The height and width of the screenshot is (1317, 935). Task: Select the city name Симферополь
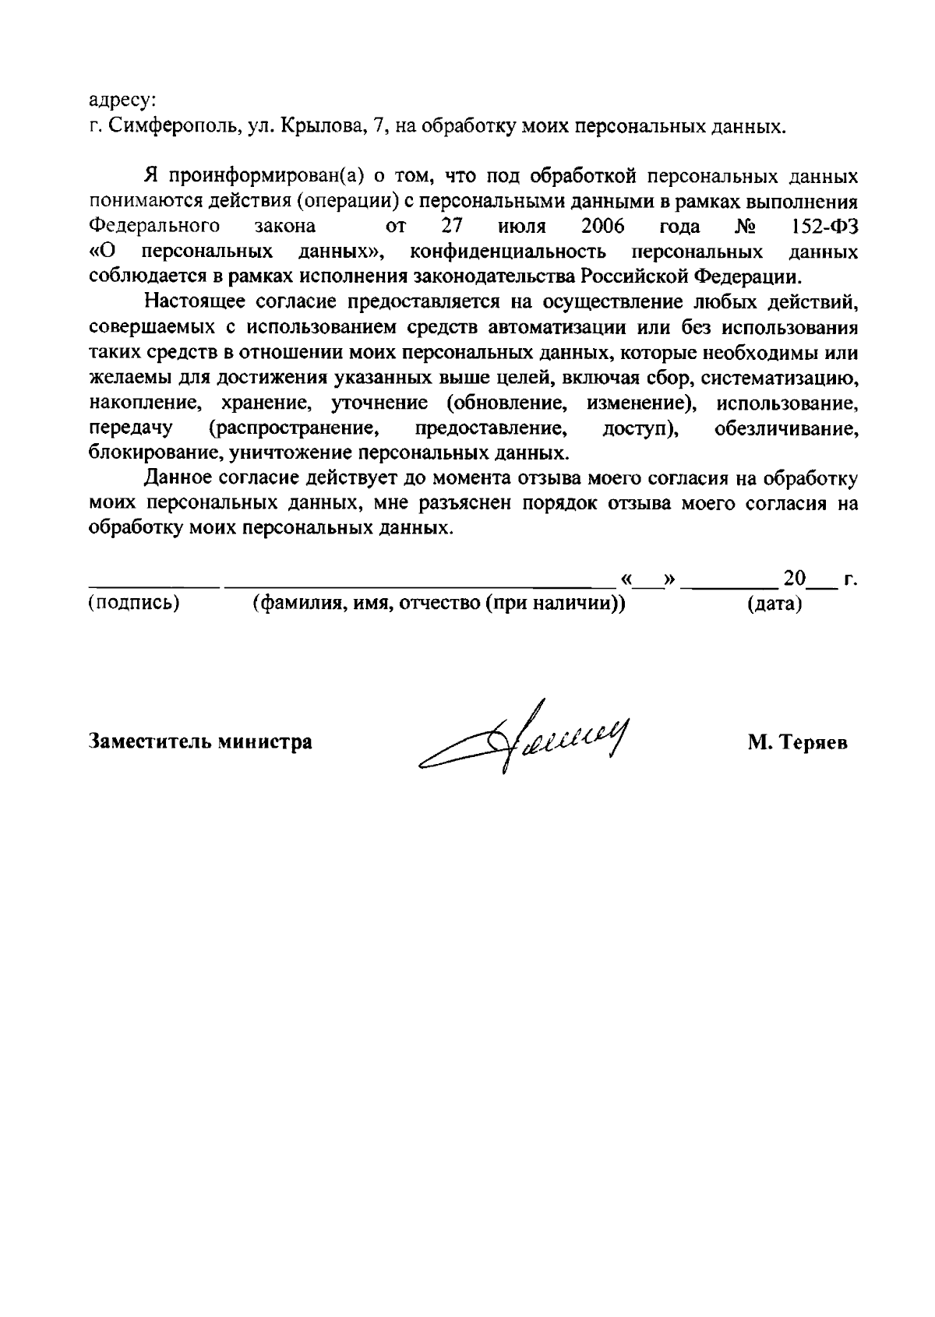pyautogui.click(x=172, y=126)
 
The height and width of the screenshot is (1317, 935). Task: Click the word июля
pyautogui.click(x=521, y=227)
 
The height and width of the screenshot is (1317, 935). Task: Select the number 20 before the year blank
pyautogui.click(x=795, y=579)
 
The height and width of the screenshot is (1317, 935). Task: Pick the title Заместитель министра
pyautogui.click(x=201, y=741)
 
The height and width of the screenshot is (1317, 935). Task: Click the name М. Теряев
pyautogui.click(x=797, y=743)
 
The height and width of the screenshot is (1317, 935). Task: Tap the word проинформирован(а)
pyautogui.click(x=264, y=177)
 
